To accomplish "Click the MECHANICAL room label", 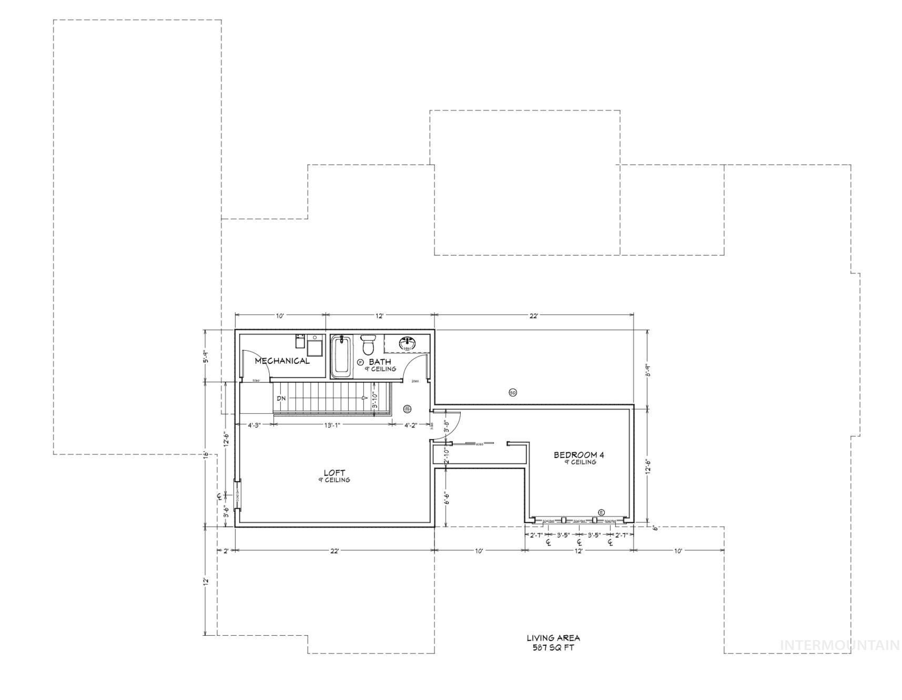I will pyautogui.click(x=282, y=361).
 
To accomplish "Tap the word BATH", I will pyautogui.click(x=380, y=362).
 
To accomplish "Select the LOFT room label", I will pyautogui.click(x=335, y=473).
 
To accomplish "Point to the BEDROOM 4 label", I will pyautogui.click(x=579, y=455).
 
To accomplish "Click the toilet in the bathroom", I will pyautogui.click(x=368, y=344).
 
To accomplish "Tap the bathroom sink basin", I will pyautogui.click(x=407, y=343).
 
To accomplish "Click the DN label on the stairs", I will pyautogui.click(x=281, y=398).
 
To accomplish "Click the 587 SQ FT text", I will pyautogui.click(x=553, y=647).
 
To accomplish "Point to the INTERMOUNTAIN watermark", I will pyautogui.click(x=839, y=645).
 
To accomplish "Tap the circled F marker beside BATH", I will pyautogui.click(x=360, y=362).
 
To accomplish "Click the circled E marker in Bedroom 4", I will pyautogui.click(x=602, y=512).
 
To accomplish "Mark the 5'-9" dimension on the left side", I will pyautogui.click(x=207, y=357).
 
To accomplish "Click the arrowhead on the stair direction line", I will pyautogui.click(x=364, y=398).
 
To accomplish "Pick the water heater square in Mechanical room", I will pyautogui.click(x=315, y=348).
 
